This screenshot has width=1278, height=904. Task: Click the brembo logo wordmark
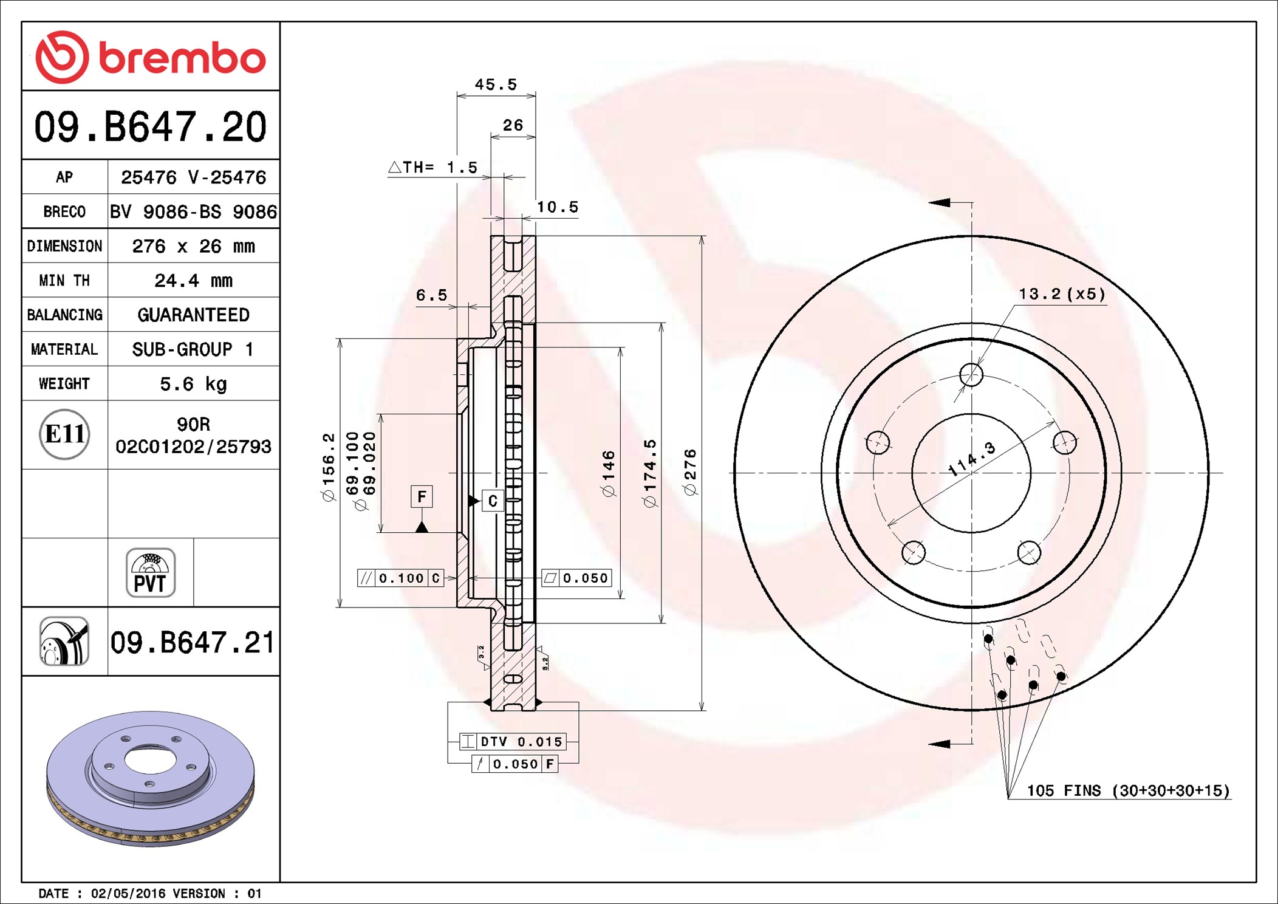tap(182, 58)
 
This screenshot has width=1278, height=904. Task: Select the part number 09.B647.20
tap(150, 127)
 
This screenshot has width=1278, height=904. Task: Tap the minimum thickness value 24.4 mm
tap(193, 281)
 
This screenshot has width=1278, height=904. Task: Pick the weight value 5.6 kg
tap(193, 384)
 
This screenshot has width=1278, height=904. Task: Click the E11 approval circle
tap(64, 434)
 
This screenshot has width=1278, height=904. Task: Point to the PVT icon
tap(151, 573)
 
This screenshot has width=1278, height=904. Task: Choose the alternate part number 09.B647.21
tap(193, 642)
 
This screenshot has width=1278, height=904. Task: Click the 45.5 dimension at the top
tap(496, 84)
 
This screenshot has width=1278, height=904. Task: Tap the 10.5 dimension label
tap(558, 207)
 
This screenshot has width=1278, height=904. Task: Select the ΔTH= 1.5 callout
tap(432, 167)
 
